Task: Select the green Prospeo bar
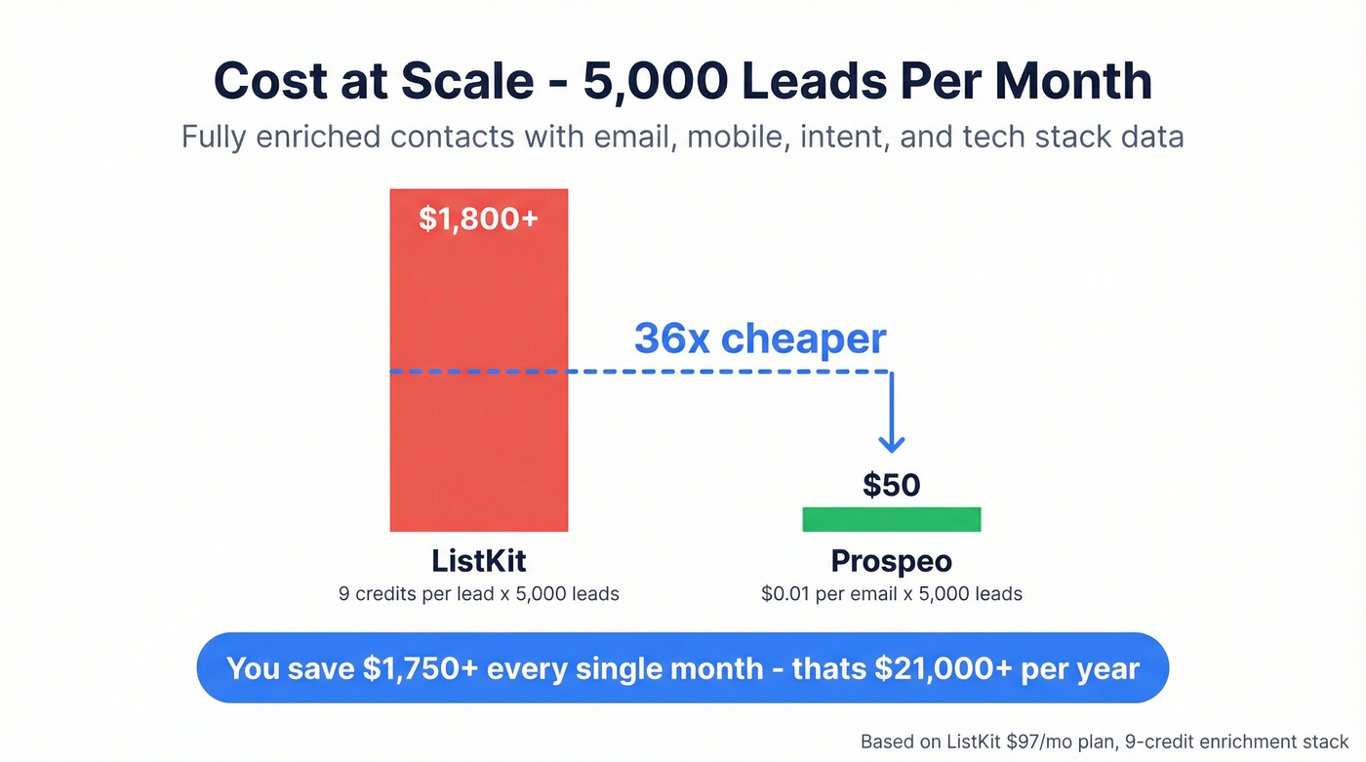tap(891, 519)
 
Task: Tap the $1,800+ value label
tap(478, 219)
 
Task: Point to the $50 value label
tap(891, 485)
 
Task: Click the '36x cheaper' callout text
tap(760, 339)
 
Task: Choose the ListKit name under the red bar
tap(478, 561)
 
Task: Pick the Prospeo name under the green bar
tap(891, 561)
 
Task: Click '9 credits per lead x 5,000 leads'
tap(478, 593)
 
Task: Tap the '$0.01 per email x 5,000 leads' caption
tap(891, 593)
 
